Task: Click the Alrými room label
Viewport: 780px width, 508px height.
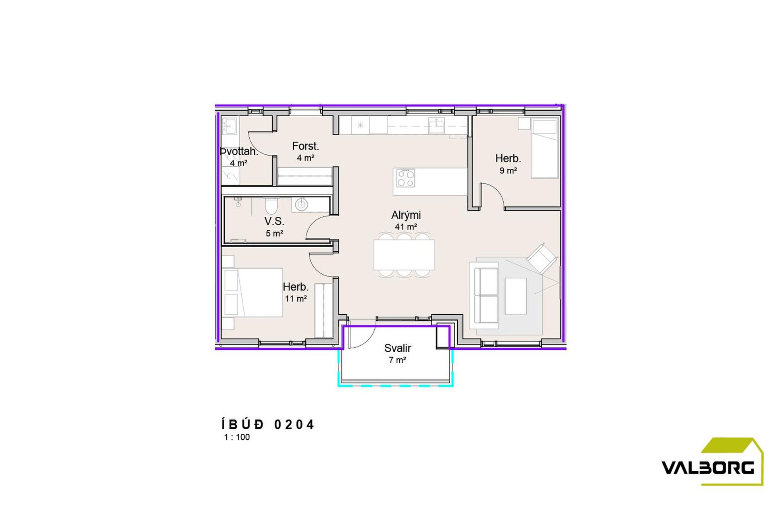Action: (x=406, y=216)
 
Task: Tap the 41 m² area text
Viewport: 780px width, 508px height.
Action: (x=406, y=227)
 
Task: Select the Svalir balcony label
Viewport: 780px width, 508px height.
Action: (x=397, y=348)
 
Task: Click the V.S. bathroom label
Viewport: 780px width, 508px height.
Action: (x=274, y=221)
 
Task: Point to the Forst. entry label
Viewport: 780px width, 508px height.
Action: (x=305, y=146)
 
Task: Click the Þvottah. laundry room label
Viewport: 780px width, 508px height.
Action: (x=239, y=152)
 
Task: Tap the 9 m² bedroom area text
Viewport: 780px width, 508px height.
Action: (x=508, y=171)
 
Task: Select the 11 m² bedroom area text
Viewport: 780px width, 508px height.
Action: (x=296, y=298)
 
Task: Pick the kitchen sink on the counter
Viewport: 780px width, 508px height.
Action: (x=436, y=126)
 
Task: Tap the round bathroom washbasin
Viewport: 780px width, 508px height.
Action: (x=301, y=205)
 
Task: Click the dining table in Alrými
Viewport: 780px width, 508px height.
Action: (x=404, y=255)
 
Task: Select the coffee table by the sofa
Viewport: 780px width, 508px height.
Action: (x=516, y=296)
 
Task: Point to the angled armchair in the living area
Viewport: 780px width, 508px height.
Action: (x=541, y=258)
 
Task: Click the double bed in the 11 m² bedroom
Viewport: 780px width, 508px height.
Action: (x=252, y=292)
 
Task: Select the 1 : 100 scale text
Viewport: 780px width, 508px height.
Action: (x=237, y=437)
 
